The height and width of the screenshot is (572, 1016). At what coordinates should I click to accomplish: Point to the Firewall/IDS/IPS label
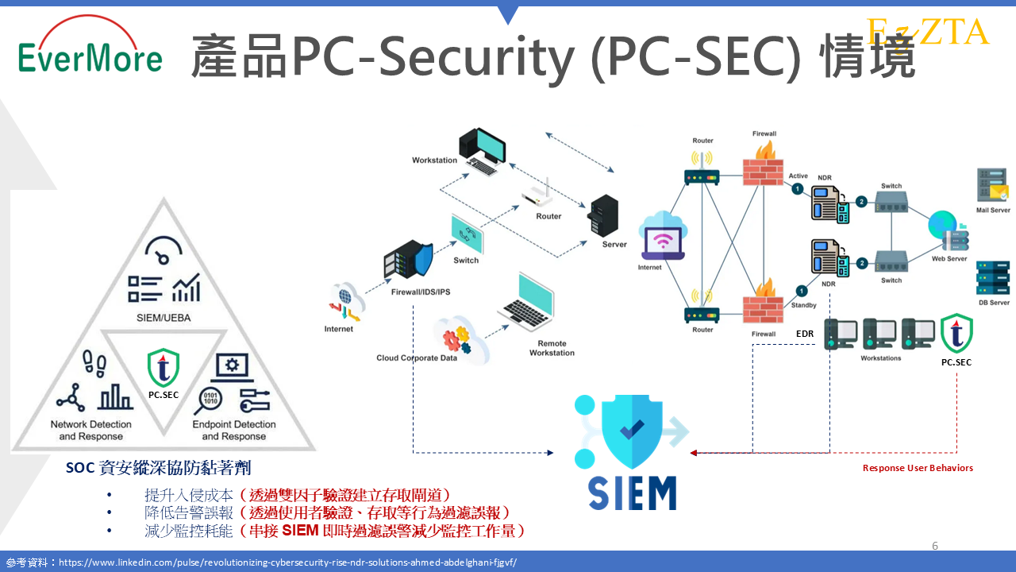click(421, 292)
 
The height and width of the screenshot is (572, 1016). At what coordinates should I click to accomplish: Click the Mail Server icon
click(993, 186)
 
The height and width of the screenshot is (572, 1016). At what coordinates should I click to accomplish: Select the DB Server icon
click(993, 277)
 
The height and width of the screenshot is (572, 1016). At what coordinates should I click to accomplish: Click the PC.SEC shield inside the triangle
click(164, 368)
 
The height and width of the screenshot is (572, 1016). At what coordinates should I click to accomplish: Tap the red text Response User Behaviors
click(918, 468)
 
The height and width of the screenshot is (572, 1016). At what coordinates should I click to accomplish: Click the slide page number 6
click(935, 546)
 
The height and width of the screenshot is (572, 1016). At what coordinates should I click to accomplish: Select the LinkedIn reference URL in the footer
click(287, 562)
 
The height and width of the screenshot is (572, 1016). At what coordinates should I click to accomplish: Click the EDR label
click(805, 334)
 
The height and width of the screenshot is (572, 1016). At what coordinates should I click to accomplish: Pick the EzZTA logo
click(928, 32)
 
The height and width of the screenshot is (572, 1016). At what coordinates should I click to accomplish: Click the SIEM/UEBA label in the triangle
click(164, 319)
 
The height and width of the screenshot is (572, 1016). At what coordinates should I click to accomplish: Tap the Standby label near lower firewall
click(803, 305)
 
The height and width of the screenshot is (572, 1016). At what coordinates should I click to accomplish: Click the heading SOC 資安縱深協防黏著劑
click(159, 469)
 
